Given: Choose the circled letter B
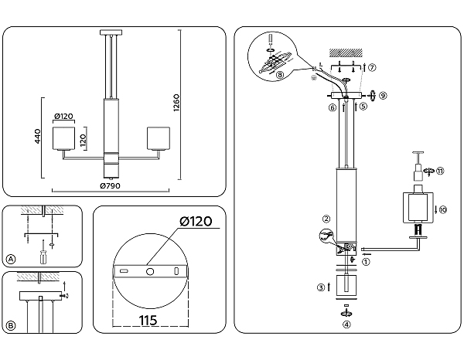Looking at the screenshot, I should click(x=10, y=325).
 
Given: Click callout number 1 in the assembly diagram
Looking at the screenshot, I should click(x=367, y=261).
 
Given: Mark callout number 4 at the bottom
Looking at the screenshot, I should click(x=346, y=324).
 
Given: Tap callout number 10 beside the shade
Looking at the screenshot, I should click(x=442, y=209).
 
